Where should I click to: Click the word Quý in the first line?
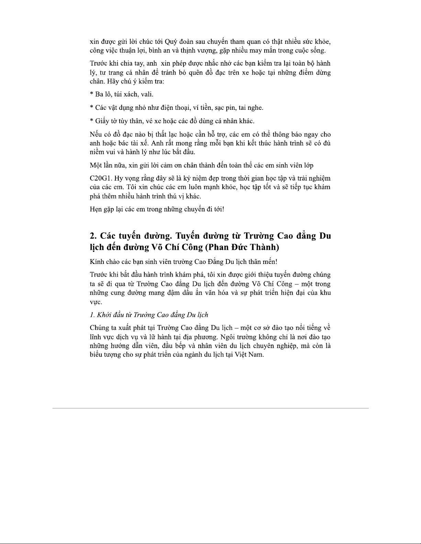tap(170, 42)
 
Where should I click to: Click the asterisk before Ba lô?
tap(91, 94)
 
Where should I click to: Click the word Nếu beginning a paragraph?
tap(96, 135)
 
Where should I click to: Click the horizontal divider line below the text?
tap(210, 408)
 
